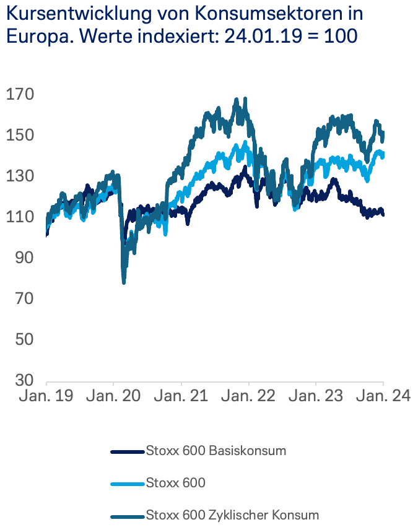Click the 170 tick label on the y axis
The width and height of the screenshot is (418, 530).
click(x=20, y=95)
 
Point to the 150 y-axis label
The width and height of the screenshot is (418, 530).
click(x=20, y=136)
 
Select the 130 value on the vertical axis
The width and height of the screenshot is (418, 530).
click(x=20, y=176)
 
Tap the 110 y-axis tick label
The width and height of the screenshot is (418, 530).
click(x=20, y=217)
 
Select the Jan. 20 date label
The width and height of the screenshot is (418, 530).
click(x=114, y=396)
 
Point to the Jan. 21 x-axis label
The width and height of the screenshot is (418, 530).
click(x=181, y=396)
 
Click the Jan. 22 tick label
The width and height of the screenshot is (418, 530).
click(x=248, y=396)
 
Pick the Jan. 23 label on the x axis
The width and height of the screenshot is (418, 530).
click(x=316, y=396)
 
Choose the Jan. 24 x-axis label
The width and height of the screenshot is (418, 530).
click(x=383, y=396)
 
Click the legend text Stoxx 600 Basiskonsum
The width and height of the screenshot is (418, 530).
click(x=216, y=451)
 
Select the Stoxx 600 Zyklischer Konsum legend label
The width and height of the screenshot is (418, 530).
click(x=232, y=515)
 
